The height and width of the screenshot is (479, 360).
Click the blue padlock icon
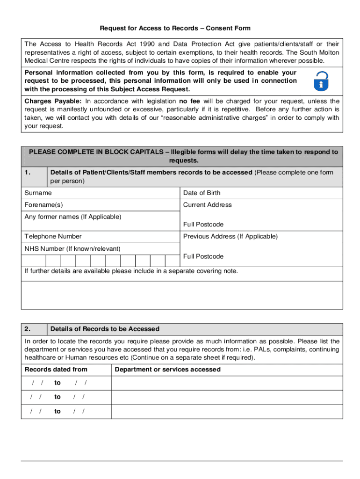(321, 81)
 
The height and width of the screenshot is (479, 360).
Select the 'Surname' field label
(38, 193)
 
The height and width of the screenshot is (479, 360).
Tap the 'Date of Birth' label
(202, 193)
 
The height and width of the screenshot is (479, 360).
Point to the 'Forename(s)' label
(43, 205)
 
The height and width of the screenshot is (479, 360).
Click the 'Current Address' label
(207, 205)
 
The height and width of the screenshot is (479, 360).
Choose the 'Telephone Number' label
(53, 236)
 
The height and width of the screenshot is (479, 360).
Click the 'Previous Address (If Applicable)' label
(230, 236)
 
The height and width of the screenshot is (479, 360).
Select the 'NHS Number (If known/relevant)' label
(72, 248)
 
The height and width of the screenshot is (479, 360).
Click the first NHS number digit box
(38, 261)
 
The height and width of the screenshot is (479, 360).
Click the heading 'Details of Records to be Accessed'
(105, 329)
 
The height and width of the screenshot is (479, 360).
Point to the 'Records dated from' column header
(56, 370)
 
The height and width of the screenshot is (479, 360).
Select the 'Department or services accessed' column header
(167, 370)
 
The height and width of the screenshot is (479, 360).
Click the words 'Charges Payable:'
(53, 101)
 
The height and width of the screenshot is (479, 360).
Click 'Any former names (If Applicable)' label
(72, 217)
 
